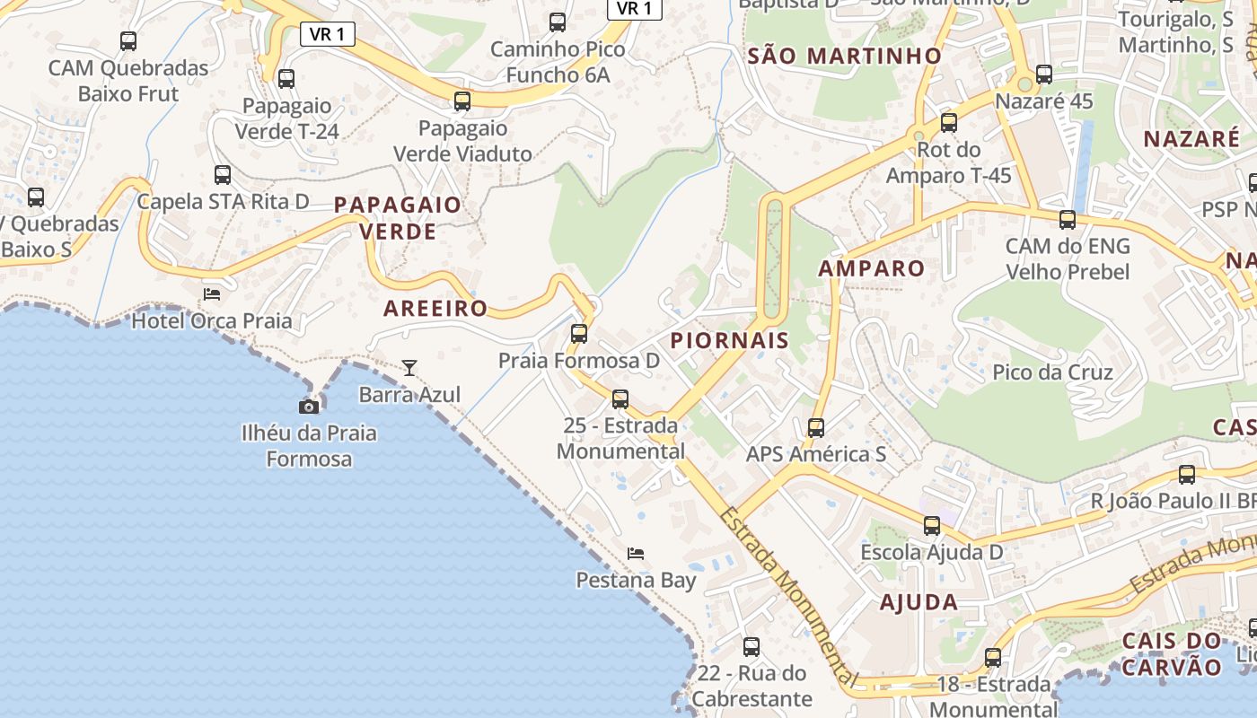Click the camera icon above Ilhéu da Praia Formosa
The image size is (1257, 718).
coord(309,407)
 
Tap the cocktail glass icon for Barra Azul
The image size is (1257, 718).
coord(409,367)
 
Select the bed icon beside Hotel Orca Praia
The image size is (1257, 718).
coord(212,293)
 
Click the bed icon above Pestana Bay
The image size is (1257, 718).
coord(636,553)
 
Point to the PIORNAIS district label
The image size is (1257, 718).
coord(729,341)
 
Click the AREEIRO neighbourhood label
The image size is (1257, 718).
coord(435,309)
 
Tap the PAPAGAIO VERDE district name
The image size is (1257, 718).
coord(398,218)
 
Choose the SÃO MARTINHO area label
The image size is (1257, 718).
coord(845,56)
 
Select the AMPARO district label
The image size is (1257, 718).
coord(871,268)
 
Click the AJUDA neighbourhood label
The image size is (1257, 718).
coord(919,602)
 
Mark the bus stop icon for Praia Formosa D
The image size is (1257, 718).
coord(579,334)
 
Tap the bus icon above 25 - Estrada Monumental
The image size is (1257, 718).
coord(620,399)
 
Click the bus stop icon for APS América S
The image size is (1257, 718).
coord(816,428)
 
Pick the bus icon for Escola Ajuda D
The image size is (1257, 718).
coord(932,526)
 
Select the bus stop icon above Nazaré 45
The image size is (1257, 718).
coord(1043,74)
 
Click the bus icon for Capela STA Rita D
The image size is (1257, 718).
coord(223,175)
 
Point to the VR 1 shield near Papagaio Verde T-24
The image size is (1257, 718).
coord(328,34)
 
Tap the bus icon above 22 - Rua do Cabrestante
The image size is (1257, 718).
coord(752,646)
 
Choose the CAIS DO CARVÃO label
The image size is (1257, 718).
coord(1172,654)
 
